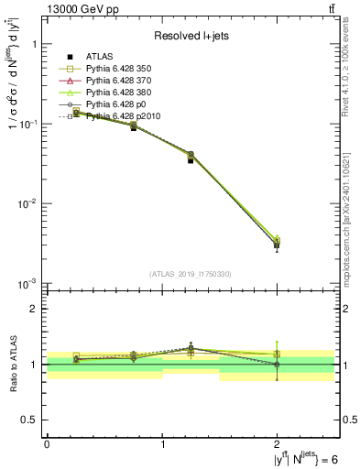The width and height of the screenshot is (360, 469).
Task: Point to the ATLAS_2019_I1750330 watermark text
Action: [x=190, y=274]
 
